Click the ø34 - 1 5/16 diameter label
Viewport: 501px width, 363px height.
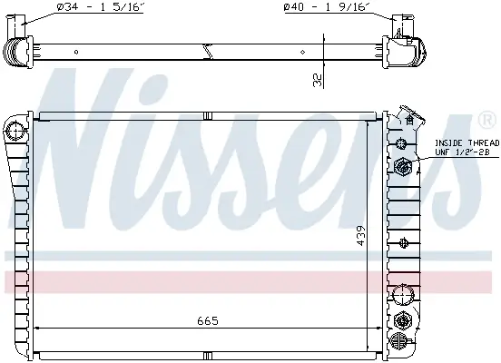pos(100,7)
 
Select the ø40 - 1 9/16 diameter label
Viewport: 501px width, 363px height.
pos(327,7)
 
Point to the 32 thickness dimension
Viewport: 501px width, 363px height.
pos(318,80)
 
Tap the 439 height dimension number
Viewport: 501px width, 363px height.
pos(360,236)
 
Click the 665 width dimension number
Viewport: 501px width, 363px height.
pos(208,320)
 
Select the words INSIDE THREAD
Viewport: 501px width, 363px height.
pos(467,142)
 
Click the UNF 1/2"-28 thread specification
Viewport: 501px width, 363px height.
pos(462,152)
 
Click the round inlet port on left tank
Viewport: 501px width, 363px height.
pos(14,132)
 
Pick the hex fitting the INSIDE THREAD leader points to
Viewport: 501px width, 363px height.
pos(403,166)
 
